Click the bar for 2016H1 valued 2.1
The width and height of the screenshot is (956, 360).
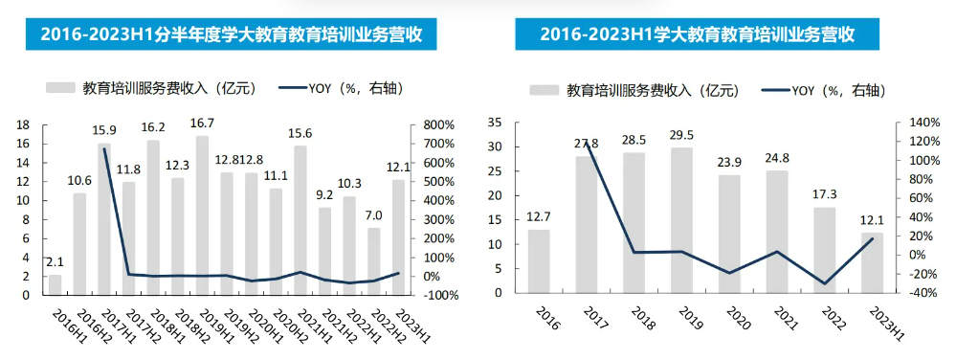click(55, 284)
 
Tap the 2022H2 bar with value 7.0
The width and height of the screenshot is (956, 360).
click(374, 260)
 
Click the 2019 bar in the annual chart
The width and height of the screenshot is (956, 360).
click(682, 220)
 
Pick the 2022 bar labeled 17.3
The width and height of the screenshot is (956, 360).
click(824, 250)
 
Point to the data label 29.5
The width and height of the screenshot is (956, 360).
click(682, 135)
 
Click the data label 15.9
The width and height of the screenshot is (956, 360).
click(104, 130)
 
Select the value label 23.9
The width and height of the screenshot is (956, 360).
click(730, 163)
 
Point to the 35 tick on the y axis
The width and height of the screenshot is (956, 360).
click(495, 123)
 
